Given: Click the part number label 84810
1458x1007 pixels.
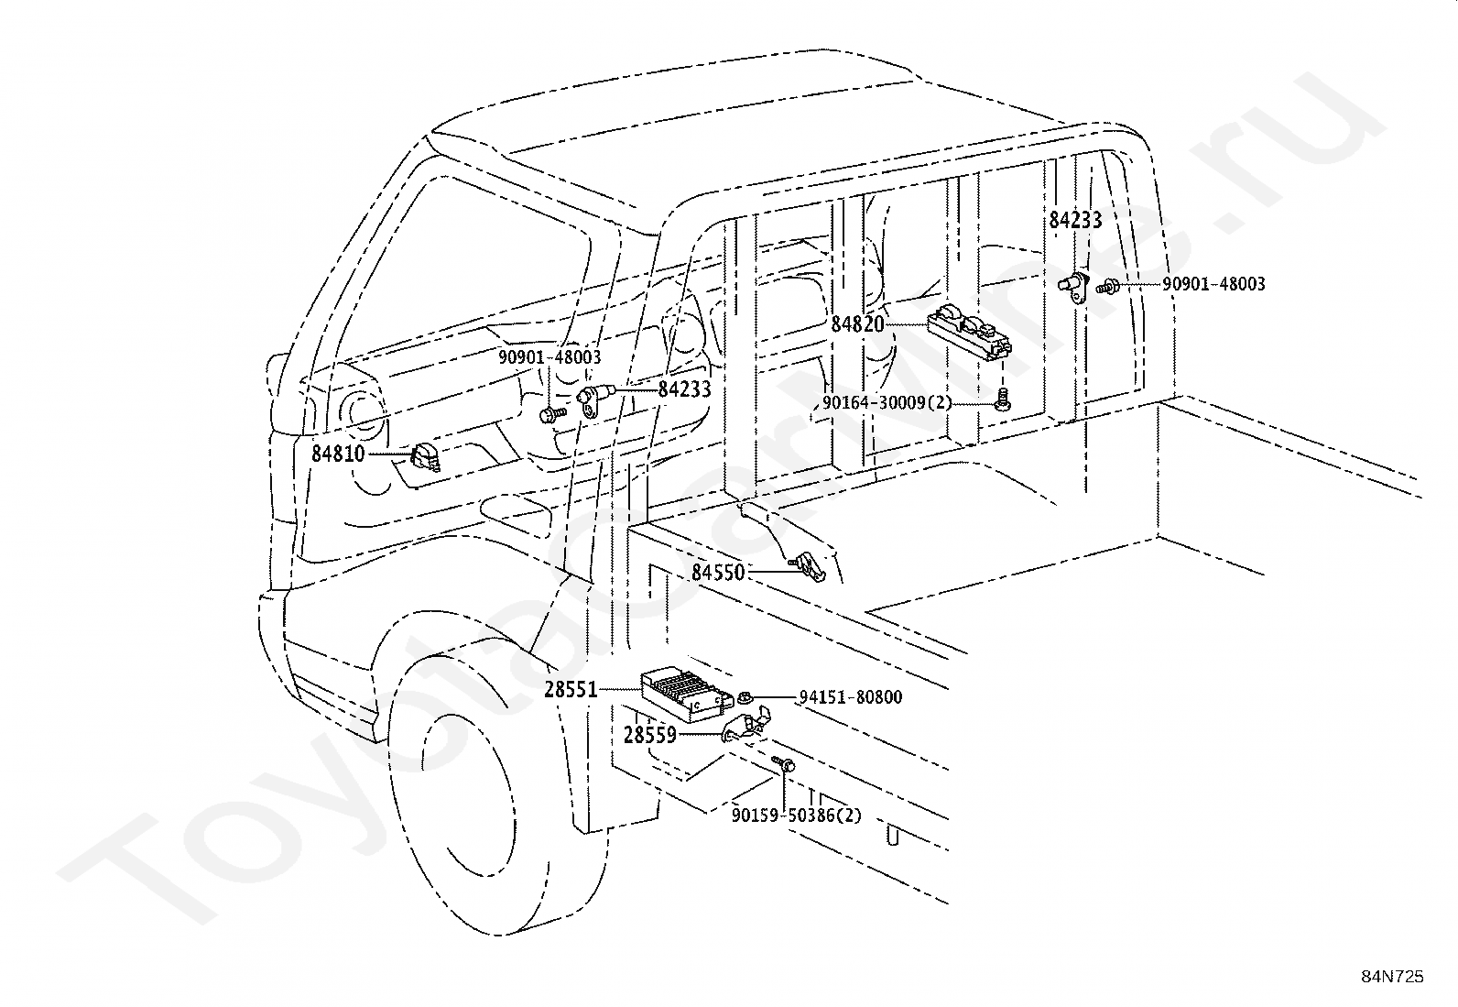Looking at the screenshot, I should (338, 453).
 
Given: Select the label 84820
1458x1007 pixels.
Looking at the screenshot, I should (858, 324).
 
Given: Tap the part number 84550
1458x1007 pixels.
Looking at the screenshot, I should (718, 573).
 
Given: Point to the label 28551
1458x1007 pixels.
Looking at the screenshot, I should (571, 690).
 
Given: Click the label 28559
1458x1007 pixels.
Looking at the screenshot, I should (649, 735).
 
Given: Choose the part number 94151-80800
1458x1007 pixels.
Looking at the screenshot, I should (850, 697).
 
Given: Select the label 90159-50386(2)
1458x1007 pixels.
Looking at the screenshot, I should (796, 814).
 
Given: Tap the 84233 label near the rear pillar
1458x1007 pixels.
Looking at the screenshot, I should (1075, 220).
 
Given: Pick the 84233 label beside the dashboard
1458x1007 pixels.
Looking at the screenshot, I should (684, 389).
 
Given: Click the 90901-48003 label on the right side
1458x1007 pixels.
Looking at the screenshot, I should (1213, 284).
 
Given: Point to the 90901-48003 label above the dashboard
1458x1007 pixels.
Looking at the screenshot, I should (549, 357).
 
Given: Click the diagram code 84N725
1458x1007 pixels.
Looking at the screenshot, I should (1392, 977).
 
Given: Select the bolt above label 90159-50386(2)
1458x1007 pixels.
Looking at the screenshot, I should (784, 763).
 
